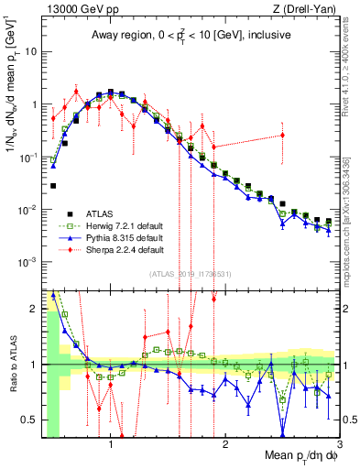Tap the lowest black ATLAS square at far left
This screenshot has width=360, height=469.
coord(53,186)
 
